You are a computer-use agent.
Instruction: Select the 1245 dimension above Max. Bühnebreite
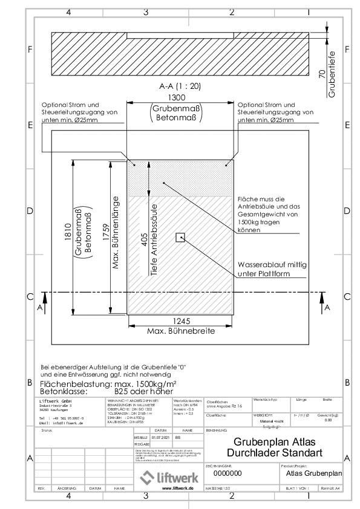(181, 322)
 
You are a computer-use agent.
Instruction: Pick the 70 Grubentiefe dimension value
(322, 74)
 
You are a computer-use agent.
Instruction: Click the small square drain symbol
(180, 238)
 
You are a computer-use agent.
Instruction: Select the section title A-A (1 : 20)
(180, 86)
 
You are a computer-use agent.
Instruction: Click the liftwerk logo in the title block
(166, 477)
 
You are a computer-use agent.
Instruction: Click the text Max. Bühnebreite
(181, 331)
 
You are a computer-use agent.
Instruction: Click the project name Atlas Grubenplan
(314, 473)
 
